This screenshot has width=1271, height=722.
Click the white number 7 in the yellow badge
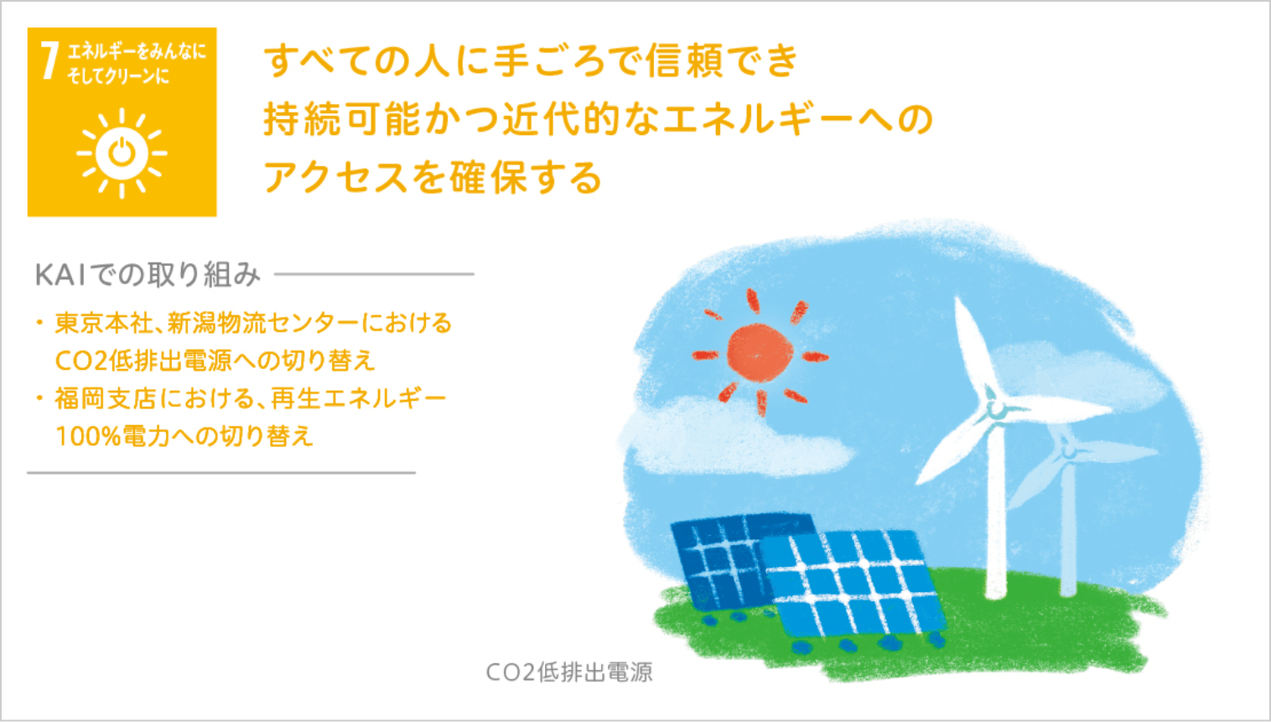click(49, 60)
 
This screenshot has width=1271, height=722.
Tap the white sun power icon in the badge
click(122, 153)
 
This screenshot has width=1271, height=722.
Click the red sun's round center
click(760, 353)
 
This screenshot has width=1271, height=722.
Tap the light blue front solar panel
click(851, 584)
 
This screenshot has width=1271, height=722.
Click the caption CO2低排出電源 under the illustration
click(569, 672)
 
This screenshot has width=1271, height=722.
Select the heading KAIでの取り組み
click(148, 275)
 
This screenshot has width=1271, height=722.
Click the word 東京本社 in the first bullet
click(104, 323)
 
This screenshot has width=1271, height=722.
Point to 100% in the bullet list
click(89, 437)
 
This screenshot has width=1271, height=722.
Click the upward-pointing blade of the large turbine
click(973, 347)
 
